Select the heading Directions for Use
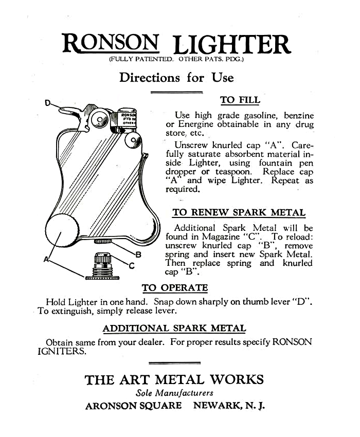(x=176, y=78)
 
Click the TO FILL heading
(x=240, y=100)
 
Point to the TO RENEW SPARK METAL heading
(x=239, y=212)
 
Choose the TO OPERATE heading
(x=175, y=288)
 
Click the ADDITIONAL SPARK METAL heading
(x=174, y=328)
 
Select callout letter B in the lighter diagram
(x=138, y=253)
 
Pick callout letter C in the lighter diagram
(x=132, y=265)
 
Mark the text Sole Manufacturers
(x=174, y=393)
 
